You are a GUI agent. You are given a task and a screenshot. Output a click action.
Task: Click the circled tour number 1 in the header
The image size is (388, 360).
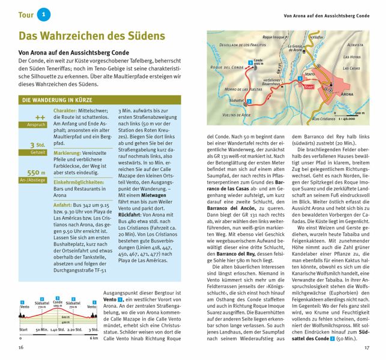point(40,14)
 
